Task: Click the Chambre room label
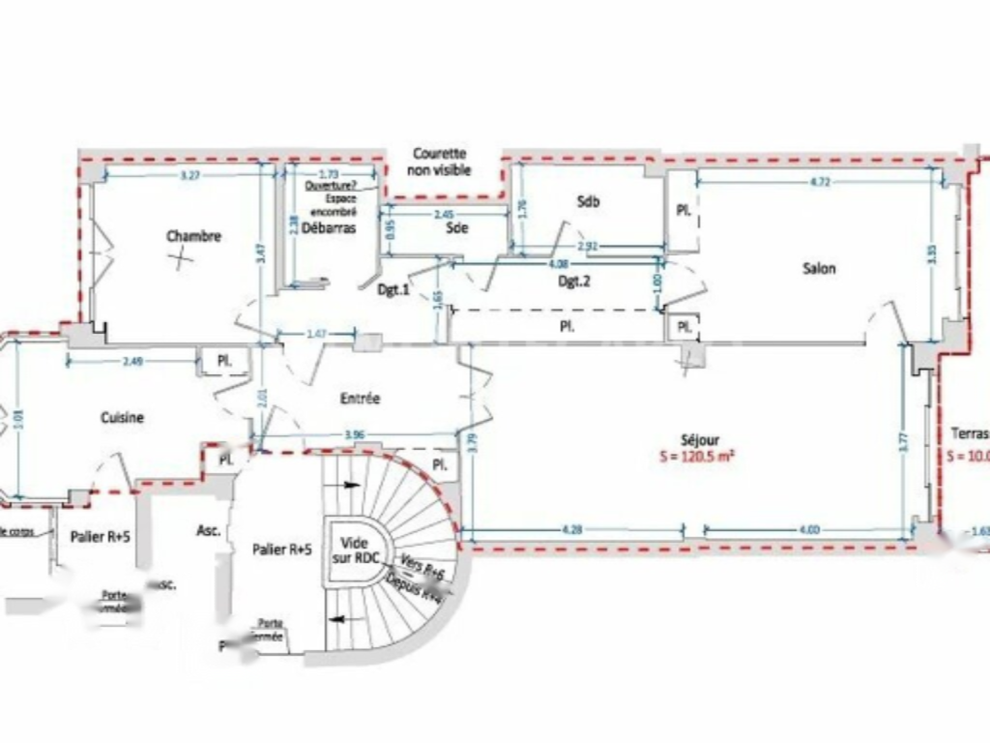point(193,236)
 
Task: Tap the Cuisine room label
point(122,418)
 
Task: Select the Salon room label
point(819,269)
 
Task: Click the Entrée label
point(360,399)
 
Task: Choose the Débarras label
point(329,228)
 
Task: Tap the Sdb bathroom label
point(588,201)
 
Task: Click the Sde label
point(457,228)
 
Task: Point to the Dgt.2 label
point(574,282)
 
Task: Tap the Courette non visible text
point(440,162)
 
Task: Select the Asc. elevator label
point(208,531)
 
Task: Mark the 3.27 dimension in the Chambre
point(190,175)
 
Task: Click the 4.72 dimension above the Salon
point(819,181)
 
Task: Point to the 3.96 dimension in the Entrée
point(356,434)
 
